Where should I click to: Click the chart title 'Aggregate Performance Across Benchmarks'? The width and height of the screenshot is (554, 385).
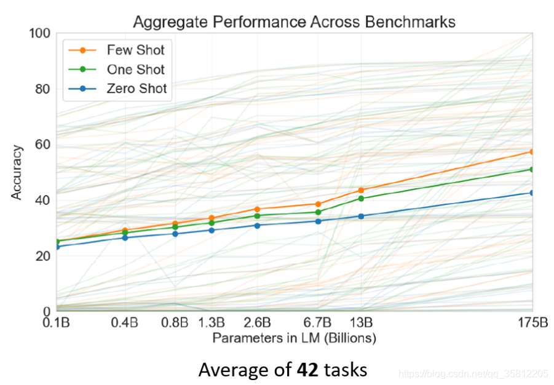tap(294, 22)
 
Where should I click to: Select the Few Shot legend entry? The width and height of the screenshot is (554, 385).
tap(117, 50)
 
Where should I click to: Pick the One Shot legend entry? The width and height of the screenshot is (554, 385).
tap(117, 69)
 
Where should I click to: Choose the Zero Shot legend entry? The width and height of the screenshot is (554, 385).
tap(117, 89)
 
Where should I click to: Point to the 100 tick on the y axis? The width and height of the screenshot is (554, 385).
tap(40, 33)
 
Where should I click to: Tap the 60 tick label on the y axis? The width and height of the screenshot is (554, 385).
tap(43, 145)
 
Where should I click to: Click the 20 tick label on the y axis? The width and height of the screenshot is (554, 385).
tap(43, 256)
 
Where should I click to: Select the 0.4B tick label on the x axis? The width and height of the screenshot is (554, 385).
tap(124, 322)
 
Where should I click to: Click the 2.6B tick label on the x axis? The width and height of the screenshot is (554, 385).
tap(257, 322)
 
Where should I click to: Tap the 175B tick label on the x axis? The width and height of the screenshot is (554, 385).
tap(533, 322)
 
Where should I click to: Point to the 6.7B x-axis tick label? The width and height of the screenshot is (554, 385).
tap(317, 322)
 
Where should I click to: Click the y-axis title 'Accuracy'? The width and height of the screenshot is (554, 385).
tap(16, 173)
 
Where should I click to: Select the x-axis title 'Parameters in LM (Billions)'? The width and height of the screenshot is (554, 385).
tap(294, 338)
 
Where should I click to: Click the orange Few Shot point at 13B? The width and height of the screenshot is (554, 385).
tap(361, 190)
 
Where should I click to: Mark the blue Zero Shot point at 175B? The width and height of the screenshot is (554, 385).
tap(531, 193)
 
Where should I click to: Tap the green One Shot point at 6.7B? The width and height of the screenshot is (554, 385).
tap(318, 212)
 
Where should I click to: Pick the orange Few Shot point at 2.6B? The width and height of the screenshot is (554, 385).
tap(257, 209)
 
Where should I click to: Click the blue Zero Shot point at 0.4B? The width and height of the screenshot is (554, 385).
tap(125, 237)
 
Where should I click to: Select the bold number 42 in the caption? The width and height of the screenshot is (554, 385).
tap(307, 370)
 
